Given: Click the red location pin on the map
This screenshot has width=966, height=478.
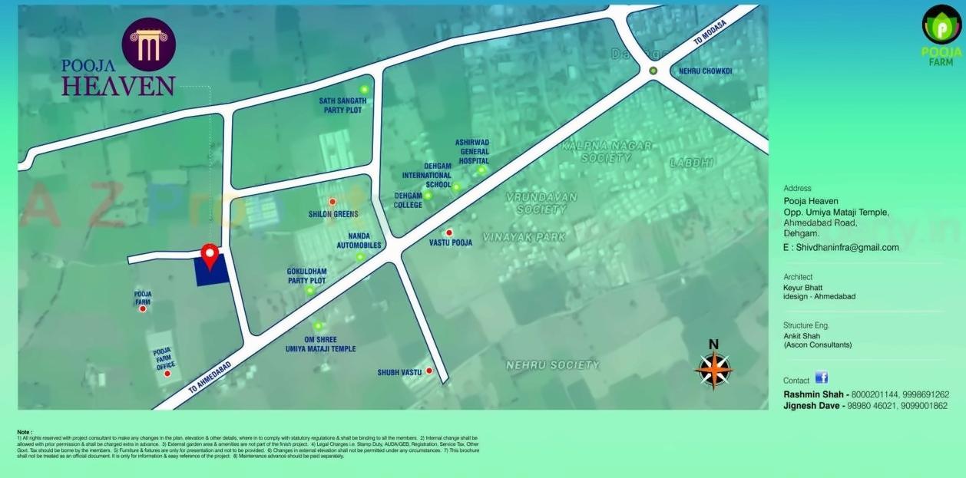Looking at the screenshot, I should click(x=209, y=254).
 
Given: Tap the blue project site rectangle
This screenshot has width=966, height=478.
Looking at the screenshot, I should click(x=212, y=271).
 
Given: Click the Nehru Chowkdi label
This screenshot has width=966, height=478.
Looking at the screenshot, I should click(x=705, y=71).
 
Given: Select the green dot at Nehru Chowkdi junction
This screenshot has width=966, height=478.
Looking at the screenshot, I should click(x=653, y=71).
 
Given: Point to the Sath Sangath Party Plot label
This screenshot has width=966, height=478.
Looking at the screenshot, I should click(x=342, y=105).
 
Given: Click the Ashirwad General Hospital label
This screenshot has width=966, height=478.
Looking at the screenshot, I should click(x=471, y=152).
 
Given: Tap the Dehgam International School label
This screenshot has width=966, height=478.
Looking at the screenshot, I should click(x=427, y=175).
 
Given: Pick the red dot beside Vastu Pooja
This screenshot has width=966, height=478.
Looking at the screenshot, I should click(x=449, y=232).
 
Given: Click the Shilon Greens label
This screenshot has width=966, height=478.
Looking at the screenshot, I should click(x=333, y=214).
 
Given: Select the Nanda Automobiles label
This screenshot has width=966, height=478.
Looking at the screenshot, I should click(x=359, y=241).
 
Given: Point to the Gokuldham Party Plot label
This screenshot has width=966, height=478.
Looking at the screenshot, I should click(x=306, y=276).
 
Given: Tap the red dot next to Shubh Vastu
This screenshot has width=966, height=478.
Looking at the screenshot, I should click(x=430, y=371).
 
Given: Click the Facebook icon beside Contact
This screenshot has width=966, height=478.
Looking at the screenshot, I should click(x=821, y=377).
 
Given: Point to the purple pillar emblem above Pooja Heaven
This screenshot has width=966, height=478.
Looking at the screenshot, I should click(x=148, y=45).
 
